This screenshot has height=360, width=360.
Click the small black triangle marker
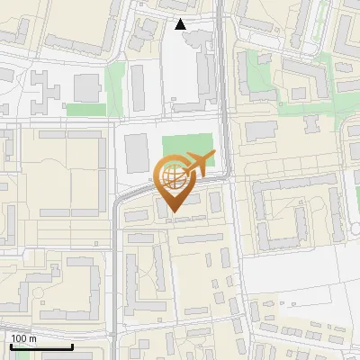pos(182,24)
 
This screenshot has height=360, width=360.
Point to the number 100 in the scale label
pos(19,339)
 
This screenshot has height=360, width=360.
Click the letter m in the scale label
pos(32,339)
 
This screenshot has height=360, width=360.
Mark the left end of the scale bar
pos(10,346)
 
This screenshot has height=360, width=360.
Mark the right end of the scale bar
pos(72,346)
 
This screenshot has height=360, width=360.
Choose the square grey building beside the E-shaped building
pos(87,88)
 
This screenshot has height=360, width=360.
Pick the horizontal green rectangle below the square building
pos(85,110)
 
